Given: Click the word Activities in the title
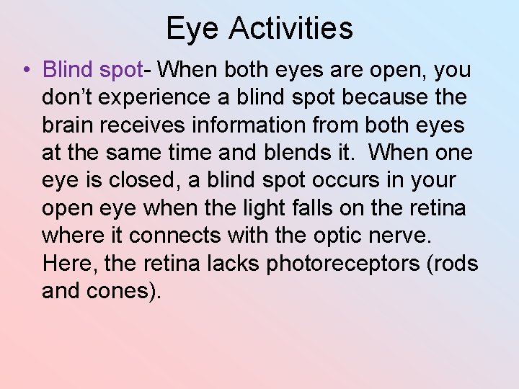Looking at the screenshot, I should tap(290, 28).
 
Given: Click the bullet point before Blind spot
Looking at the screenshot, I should tap(25, 70).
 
